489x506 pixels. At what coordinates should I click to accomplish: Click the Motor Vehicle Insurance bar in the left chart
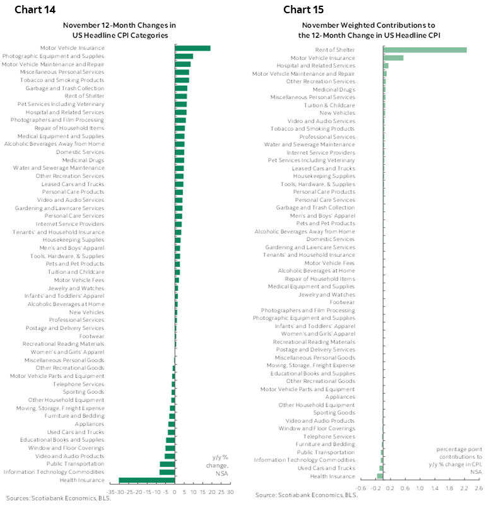pos(192,48)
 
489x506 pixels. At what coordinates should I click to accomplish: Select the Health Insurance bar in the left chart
pos(146,480)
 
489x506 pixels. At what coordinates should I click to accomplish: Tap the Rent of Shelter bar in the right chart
pos(424,50)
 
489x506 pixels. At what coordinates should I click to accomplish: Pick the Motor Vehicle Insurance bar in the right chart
pos(393,57)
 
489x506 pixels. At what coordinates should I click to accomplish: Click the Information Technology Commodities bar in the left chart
pos(167,472)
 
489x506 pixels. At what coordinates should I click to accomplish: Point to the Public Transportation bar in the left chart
pos(167,464)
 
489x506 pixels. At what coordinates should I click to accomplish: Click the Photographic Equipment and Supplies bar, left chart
pos(184,56)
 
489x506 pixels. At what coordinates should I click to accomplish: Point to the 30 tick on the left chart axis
pos(230,492)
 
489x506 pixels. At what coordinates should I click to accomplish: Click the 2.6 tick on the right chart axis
pos(478,488)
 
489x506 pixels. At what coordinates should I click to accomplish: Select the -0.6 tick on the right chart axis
pos(361,488)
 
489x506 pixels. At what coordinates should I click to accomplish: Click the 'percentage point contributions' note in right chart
pos(459,460)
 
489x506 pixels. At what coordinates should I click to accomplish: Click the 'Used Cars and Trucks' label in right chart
pos(326,468)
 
